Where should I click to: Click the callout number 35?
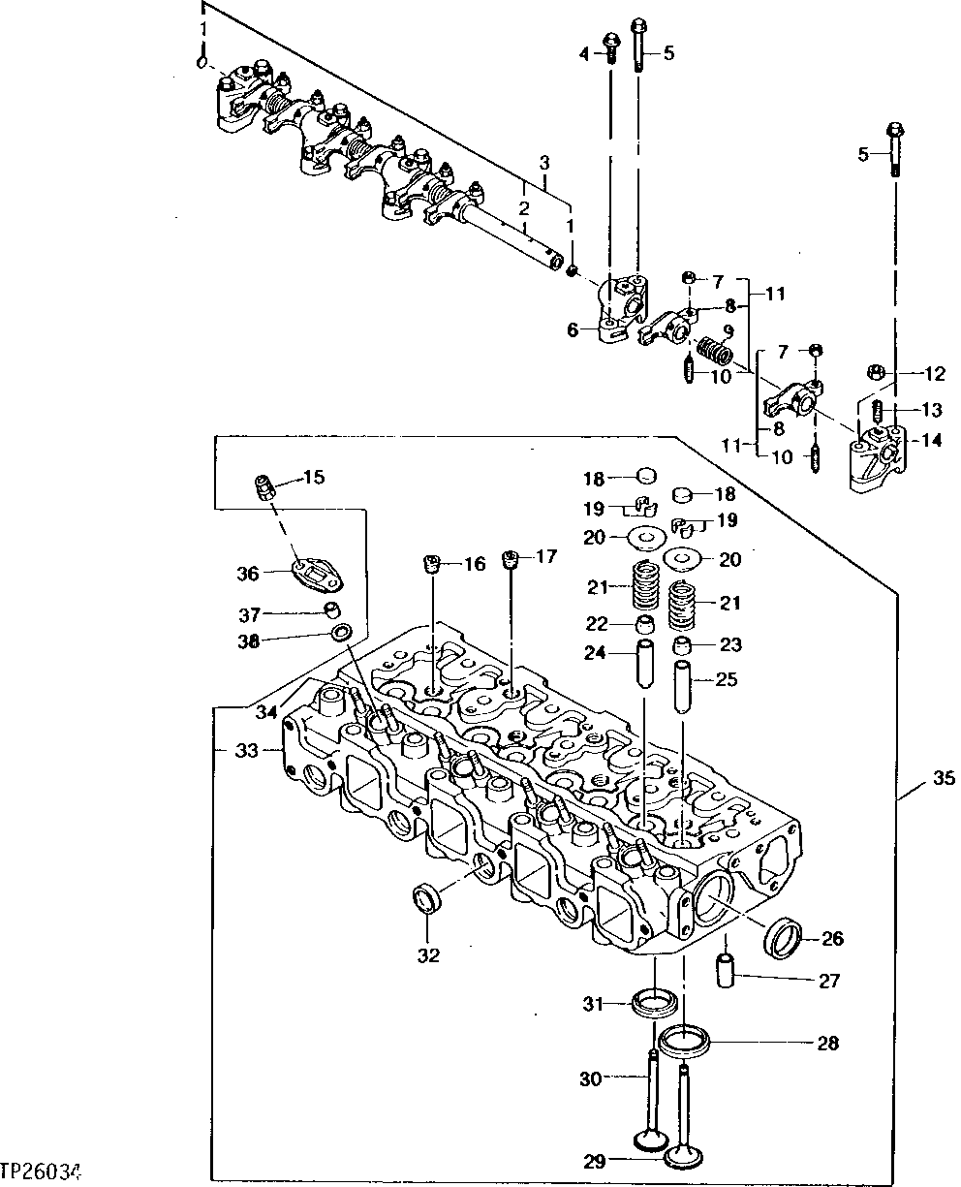pos(943,778)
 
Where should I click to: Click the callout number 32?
pos(429,955)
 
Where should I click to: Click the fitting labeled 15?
pos(264,485)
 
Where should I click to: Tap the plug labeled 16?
pos(433,565)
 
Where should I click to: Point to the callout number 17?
pos(546,557)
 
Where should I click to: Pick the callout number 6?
pos(573,330)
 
